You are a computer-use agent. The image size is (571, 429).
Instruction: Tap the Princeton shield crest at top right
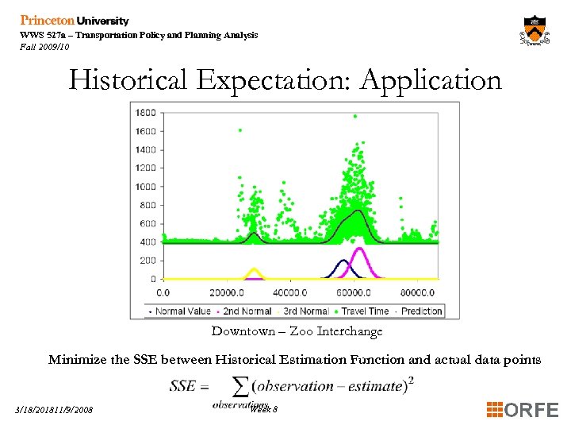(536, 31)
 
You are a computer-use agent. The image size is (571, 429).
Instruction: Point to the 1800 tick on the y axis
(144, 112)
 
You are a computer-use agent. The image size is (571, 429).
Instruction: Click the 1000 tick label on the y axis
(144, 187)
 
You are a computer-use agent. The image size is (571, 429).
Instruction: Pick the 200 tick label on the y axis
(147, 261)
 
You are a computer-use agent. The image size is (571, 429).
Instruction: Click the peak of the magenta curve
(358, 249)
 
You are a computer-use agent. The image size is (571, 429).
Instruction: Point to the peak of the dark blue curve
(343, 261)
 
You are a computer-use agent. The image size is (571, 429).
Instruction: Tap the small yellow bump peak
(254, 269)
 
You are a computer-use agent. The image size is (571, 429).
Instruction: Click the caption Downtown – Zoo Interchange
(297, 331)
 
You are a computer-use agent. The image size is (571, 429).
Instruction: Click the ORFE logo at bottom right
(523, 410)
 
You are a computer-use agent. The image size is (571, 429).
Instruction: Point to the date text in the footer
(53, 410)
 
